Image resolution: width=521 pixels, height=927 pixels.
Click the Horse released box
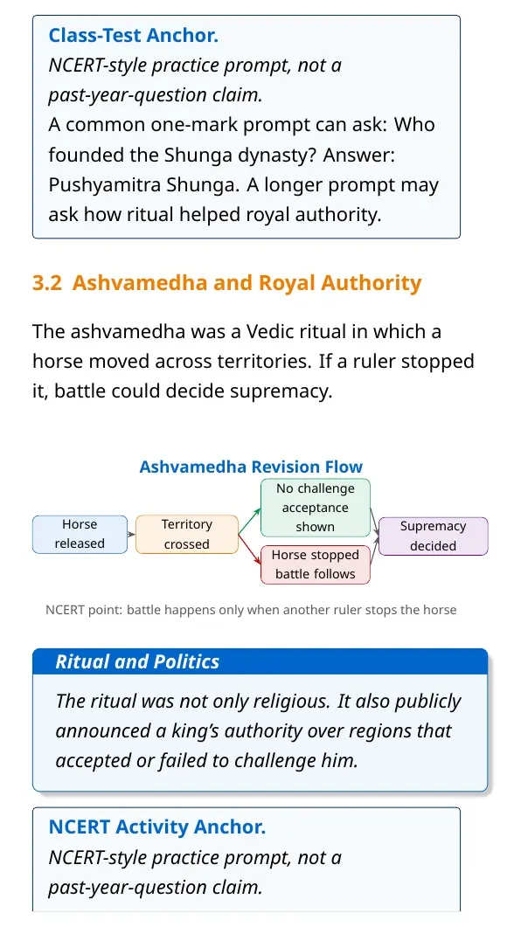pos(80,535)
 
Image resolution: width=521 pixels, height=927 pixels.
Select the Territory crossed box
pos(187,535)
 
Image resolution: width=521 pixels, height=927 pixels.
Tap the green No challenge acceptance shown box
pos(316,508)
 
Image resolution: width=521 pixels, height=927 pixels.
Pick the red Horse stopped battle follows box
pos(316,564)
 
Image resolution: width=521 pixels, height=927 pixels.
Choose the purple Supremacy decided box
pos(433,536)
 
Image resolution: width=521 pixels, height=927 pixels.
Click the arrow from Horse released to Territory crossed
pos(131,535)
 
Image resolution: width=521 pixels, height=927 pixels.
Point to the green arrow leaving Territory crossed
pos(249,521)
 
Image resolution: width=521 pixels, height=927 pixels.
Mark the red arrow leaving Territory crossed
pos(249,549)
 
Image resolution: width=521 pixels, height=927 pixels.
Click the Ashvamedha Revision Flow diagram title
pos(251,467)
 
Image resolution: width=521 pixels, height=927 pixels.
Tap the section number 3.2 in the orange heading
pos(46,283)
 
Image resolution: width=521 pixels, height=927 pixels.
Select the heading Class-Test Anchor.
pos(134,36)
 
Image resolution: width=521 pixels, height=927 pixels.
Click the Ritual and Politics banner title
pos(137,661)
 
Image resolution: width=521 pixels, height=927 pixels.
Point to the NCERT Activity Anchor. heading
pos(157,827)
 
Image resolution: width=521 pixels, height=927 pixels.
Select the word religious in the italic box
pos(290,702)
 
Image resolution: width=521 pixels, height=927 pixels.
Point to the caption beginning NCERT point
pos(251,610)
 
